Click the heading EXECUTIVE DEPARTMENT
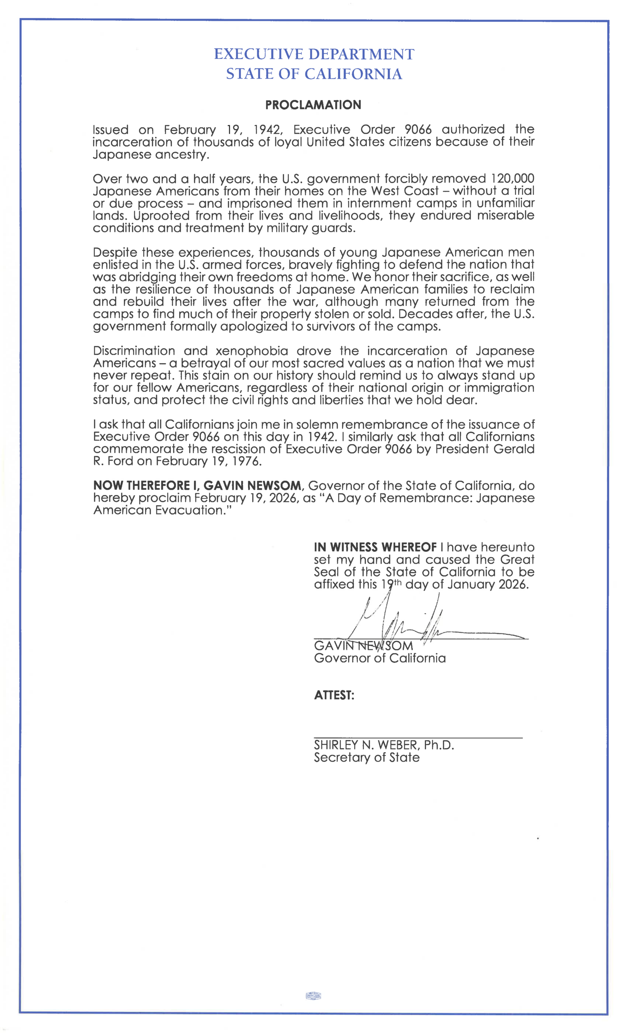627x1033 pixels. point(314,54)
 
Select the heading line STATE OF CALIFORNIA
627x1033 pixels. point(314,74)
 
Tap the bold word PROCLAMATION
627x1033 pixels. point(313,105)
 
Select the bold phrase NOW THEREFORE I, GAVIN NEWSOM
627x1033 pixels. point(197,486)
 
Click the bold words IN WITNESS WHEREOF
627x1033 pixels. point(375,548)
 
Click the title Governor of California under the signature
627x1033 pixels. point(380,658)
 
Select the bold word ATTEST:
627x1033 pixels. point(334,696)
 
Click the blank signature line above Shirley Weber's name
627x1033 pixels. point(418,738)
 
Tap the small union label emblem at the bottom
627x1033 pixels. point(313,996)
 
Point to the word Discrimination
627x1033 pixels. point(133,351)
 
